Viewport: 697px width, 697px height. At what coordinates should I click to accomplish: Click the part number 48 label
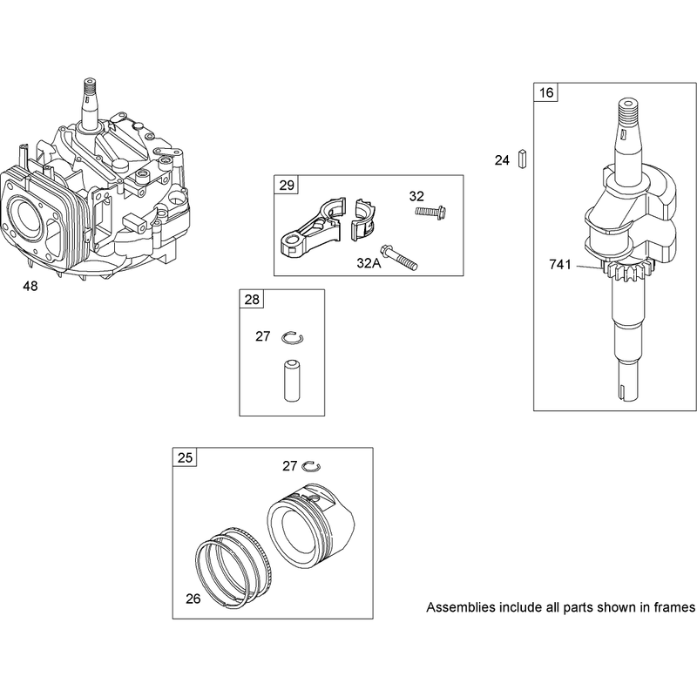point(30,287)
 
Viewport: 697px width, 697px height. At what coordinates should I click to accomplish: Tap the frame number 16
point(546,92)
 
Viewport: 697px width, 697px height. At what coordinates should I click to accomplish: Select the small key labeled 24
point(522,159)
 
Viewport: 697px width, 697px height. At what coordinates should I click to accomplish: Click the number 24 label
point(502,160)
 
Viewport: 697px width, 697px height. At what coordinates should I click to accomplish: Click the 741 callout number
point(560,265)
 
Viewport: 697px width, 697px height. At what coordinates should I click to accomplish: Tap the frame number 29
point(287,185)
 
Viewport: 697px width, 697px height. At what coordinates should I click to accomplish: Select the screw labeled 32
point(430,212)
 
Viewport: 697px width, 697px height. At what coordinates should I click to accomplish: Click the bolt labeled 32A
point(399,258)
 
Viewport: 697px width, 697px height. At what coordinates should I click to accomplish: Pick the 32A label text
point(369,263)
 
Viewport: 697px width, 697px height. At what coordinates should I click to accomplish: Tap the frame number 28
point(252,300)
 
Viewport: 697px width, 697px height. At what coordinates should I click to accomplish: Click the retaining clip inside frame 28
point(293,337)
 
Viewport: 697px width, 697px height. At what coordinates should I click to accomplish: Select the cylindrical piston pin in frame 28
point(292,381)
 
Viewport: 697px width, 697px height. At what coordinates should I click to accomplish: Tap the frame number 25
point(185,457)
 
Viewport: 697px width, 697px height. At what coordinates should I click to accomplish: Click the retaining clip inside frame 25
point(311,466)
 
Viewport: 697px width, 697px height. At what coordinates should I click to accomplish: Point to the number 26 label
point(193,599)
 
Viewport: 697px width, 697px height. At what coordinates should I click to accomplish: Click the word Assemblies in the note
point(461,607)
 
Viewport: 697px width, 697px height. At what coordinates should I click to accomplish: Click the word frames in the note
point(673,607)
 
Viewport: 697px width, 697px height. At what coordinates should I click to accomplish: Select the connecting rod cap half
point(363,220)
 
